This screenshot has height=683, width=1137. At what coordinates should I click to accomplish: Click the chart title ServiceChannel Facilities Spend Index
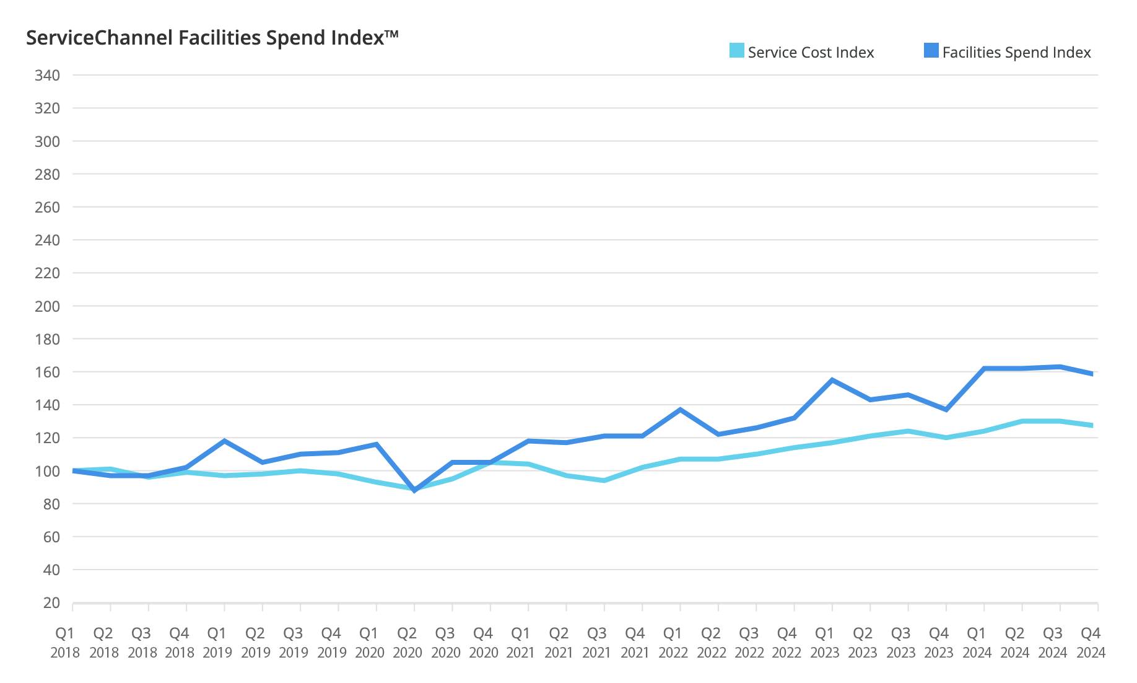(212, 38)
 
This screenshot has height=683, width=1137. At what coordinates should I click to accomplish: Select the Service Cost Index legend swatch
(736, 50)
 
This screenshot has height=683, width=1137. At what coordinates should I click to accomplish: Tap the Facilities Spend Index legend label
(1016, 53)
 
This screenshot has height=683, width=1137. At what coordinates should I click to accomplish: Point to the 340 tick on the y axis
(48, 76)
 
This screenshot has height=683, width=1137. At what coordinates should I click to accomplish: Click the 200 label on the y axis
(48, 306)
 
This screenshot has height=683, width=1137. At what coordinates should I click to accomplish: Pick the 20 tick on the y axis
(52, 602)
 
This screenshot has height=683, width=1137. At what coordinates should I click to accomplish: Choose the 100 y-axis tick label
(48, 471)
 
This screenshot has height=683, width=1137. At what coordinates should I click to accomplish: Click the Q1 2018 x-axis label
(65, 642)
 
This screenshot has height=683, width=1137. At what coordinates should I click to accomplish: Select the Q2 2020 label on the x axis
(407, 642)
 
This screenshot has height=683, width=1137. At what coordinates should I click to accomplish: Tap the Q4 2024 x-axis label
(1091, 642)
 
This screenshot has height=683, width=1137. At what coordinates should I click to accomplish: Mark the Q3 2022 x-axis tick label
(749, 642)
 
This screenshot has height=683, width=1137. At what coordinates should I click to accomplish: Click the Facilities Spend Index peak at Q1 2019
(224, 441)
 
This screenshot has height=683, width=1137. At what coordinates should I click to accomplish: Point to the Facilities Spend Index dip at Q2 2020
(414, 490)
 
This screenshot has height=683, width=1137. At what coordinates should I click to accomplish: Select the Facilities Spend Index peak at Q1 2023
(832, 380)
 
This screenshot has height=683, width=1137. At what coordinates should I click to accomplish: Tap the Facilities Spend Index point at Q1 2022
(681, 410)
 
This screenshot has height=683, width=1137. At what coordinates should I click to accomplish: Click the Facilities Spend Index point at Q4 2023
(946, 410)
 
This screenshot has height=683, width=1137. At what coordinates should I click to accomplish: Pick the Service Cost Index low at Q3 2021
(604, 480)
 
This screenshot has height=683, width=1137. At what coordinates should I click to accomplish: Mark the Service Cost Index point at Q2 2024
(1022, 421)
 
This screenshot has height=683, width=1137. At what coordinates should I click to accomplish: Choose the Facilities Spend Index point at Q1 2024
(984, 368)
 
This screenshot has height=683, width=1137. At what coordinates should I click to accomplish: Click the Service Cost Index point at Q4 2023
(946, 438)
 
